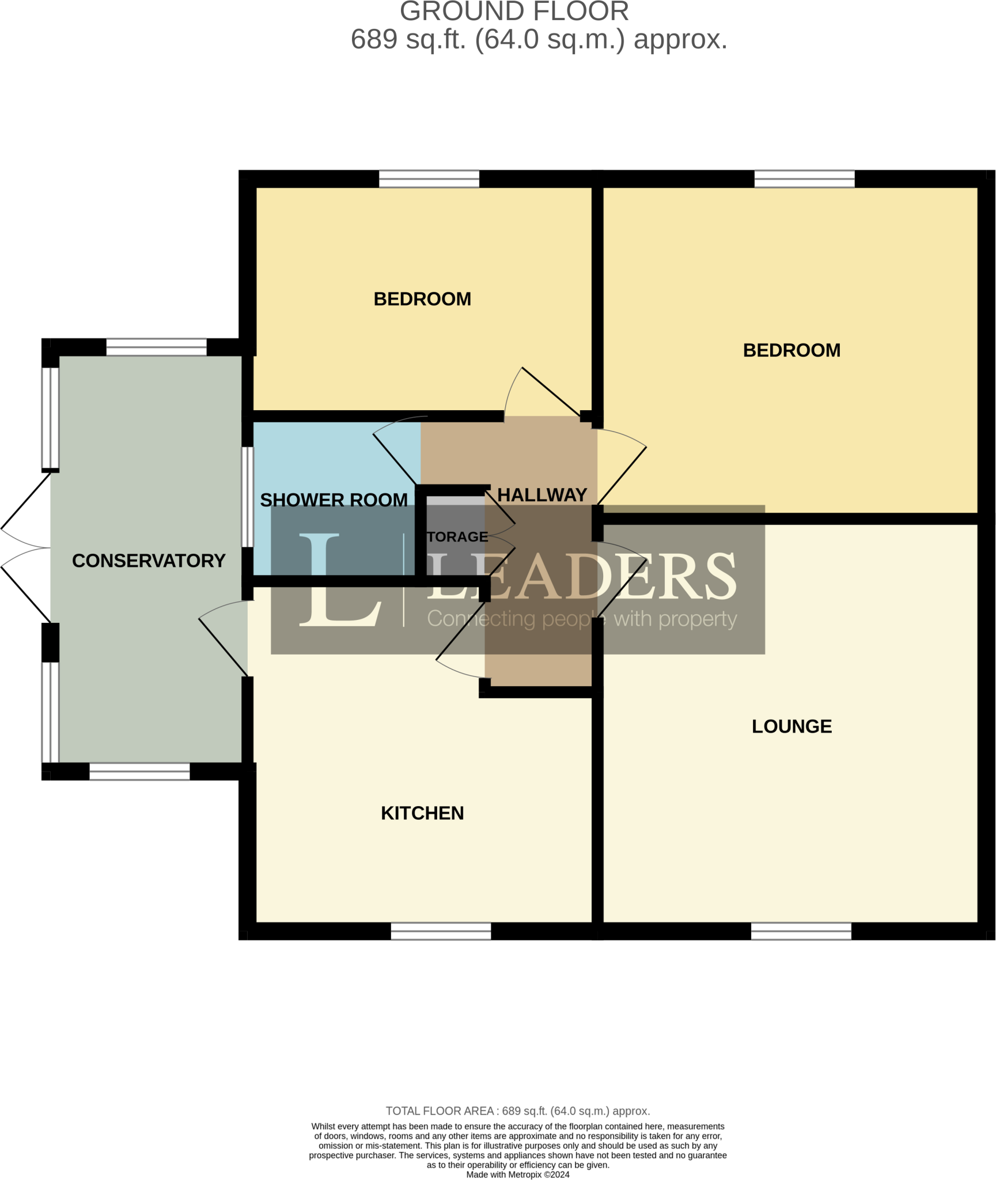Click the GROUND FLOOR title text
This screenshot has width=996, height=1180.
point(514,12)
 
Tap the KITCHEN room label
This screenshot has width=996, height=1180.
point(422,813)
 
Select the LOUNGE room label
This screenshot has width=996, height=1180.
point(792,726)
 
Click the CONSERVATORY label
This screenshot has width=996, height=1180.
point(149,561)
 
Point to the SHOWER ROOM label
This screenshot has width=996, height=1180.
point(334,500)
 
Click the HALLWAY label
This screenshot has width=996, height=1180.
point(541,495)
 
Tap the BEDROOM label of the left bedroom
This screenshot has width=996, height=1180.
point(422,299)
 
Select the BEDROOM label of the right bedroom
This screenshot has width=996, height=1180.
point(792,350)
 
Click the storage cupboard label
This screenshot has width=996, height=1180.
point(457,537)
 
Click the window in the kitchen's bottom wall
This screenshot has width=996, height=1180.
point(441,931)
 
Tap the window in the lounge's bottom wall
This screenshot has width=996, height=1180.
point(801,931)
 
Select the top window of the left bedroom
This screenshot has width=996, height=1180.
point(429,179)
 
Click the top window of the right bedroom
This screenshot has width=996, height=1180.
point(804,179)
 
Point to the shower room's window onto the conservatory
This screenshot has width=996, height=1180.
point(247,497)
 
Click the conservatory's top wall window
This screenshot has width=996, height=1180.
point(156,347)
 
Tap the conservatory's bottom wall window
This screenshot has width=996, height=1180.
point(139,771)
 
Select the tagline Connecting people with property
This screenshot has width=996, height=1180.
point(582,619)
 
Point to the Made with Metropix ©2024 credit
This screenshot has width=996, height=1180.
point(517,1174)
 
